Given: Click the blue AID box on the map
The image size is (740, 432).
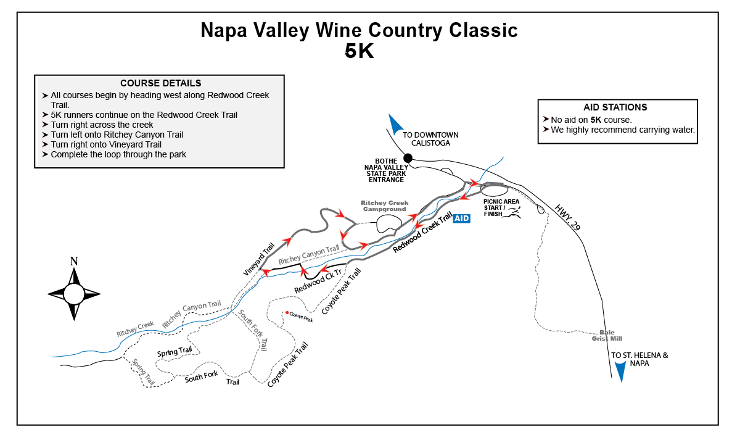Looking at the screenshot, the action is [x=461, y=218].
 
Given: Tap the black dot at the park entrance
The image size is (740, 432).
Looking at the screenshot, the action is [x=408, y=158].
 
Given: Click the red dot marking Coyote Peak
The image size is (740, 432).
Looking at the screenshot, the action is [x=287, y=312].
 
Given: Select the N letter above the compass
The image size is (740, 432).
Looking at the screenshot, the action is [x=74, y=262].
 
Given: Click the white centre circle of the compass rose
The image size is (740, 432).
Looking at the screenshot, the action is [x=74, y=294].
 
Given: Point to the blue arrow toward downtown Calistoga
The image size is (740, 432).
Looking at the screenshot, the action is [x=395, y=124].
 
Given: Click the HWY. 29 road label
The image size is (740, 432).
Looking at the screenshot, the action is [x=567, y=217].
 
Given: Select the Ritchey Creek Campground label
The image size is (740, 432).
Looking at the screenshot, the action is [x=385, y=206].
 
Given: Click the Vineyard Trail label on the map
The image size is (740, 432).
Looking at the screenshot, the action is [x=258, y=259].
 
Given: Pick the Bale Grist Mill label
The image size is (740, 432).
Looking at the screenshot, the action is [x=607, y=336].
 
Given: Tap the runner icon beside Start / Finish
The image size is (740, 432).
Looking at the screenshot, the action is [x=514, y=212].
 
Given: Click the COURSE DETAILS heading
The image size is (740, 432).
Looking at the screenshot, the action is [x=160, y=83].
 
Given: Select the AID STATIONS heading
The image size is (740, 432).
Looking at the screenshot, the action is [x=615, y=107].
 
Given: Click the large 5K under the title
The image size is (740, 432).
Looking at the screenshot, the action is [x=359, y=51].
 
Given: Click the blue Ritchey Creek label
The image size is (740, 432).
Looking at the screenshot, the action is [x=135, y=328].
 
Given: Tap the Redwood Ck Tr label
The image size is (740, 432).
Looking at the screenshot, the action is [x=318, y=281].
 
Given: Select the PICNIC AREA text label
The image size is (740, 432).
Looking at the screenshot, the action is [x=501, y=201].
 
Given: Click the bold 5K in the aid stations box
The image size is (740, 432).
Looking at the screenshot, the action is [x=596, y=120].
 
